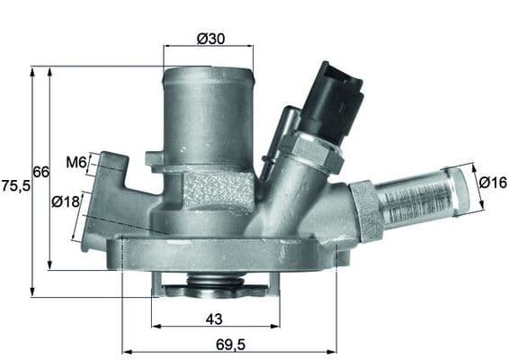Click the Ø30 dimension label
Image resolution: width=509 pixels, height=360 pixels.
[x=210, y=39]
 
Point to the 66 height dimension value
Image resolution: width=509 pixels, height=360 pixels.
[x=40, y=171]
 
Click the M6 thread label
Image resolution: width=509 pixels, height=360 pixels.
[x=76, y=163]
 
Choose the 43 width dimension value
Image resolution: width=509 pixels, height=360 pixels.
[x=214, y=319]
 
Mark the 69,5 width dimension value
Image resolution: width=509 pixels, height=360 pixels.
[x=229, y=344]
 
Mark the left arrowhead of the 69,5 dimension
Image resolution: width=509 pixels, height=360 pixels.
[x=125, y=351]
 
